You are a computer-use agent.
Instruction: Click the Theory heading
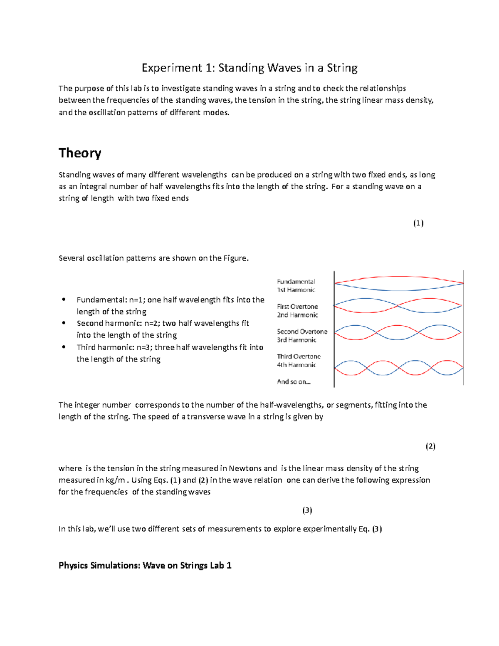pyautogui.click(x=80, y=153)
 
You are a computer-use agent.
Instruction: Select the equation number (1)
pyautogui.click(x=418, y=223)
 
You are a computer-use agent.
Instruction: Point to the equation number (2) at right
pyautogui.click(x=430, y=446)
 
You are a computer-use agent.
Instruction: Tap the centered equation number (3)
pyautogui.click(x=307, y=510)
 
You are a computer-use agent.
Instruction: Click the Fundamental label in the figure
pyautogui.click(x=296, y=282)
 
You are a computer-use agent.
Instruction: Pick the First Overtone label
pyautogui.click(x=297, y=307)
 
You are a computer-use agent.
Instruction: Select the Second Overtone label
pyautogui.click(x=302, y=332)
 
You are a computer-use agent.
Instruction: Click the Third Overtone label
pyautogui.click(x=299, y=356)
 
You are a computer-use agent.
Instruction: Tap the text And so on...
pyautogui.click(x=294, y=381)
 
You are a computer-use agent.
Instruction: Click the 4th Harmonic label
pyautogui.click(x=296, y=365)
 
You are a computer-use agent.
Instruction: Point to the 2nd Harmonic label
pyautogui.click(x=297, y=315)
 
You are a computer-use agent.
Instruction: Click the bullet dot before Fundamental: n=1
pyautogui.click(x=64, y=299)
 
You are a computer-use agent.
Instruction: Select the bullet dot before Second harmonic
pyautogui.click(x=64, y=323)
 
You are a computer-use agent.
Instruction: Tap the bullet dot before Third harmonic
pyautogui.click(x=64, y=347)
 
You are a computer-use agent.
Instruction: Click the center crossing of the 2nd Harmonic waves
pyautogui.click(x=398, y=306)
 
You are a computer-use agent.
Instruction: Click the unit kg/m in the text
pyautogui.click(x=115, y=480)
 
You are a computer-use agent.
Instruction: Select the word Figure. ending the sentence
pyautogui.click(x=236, y=258)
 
